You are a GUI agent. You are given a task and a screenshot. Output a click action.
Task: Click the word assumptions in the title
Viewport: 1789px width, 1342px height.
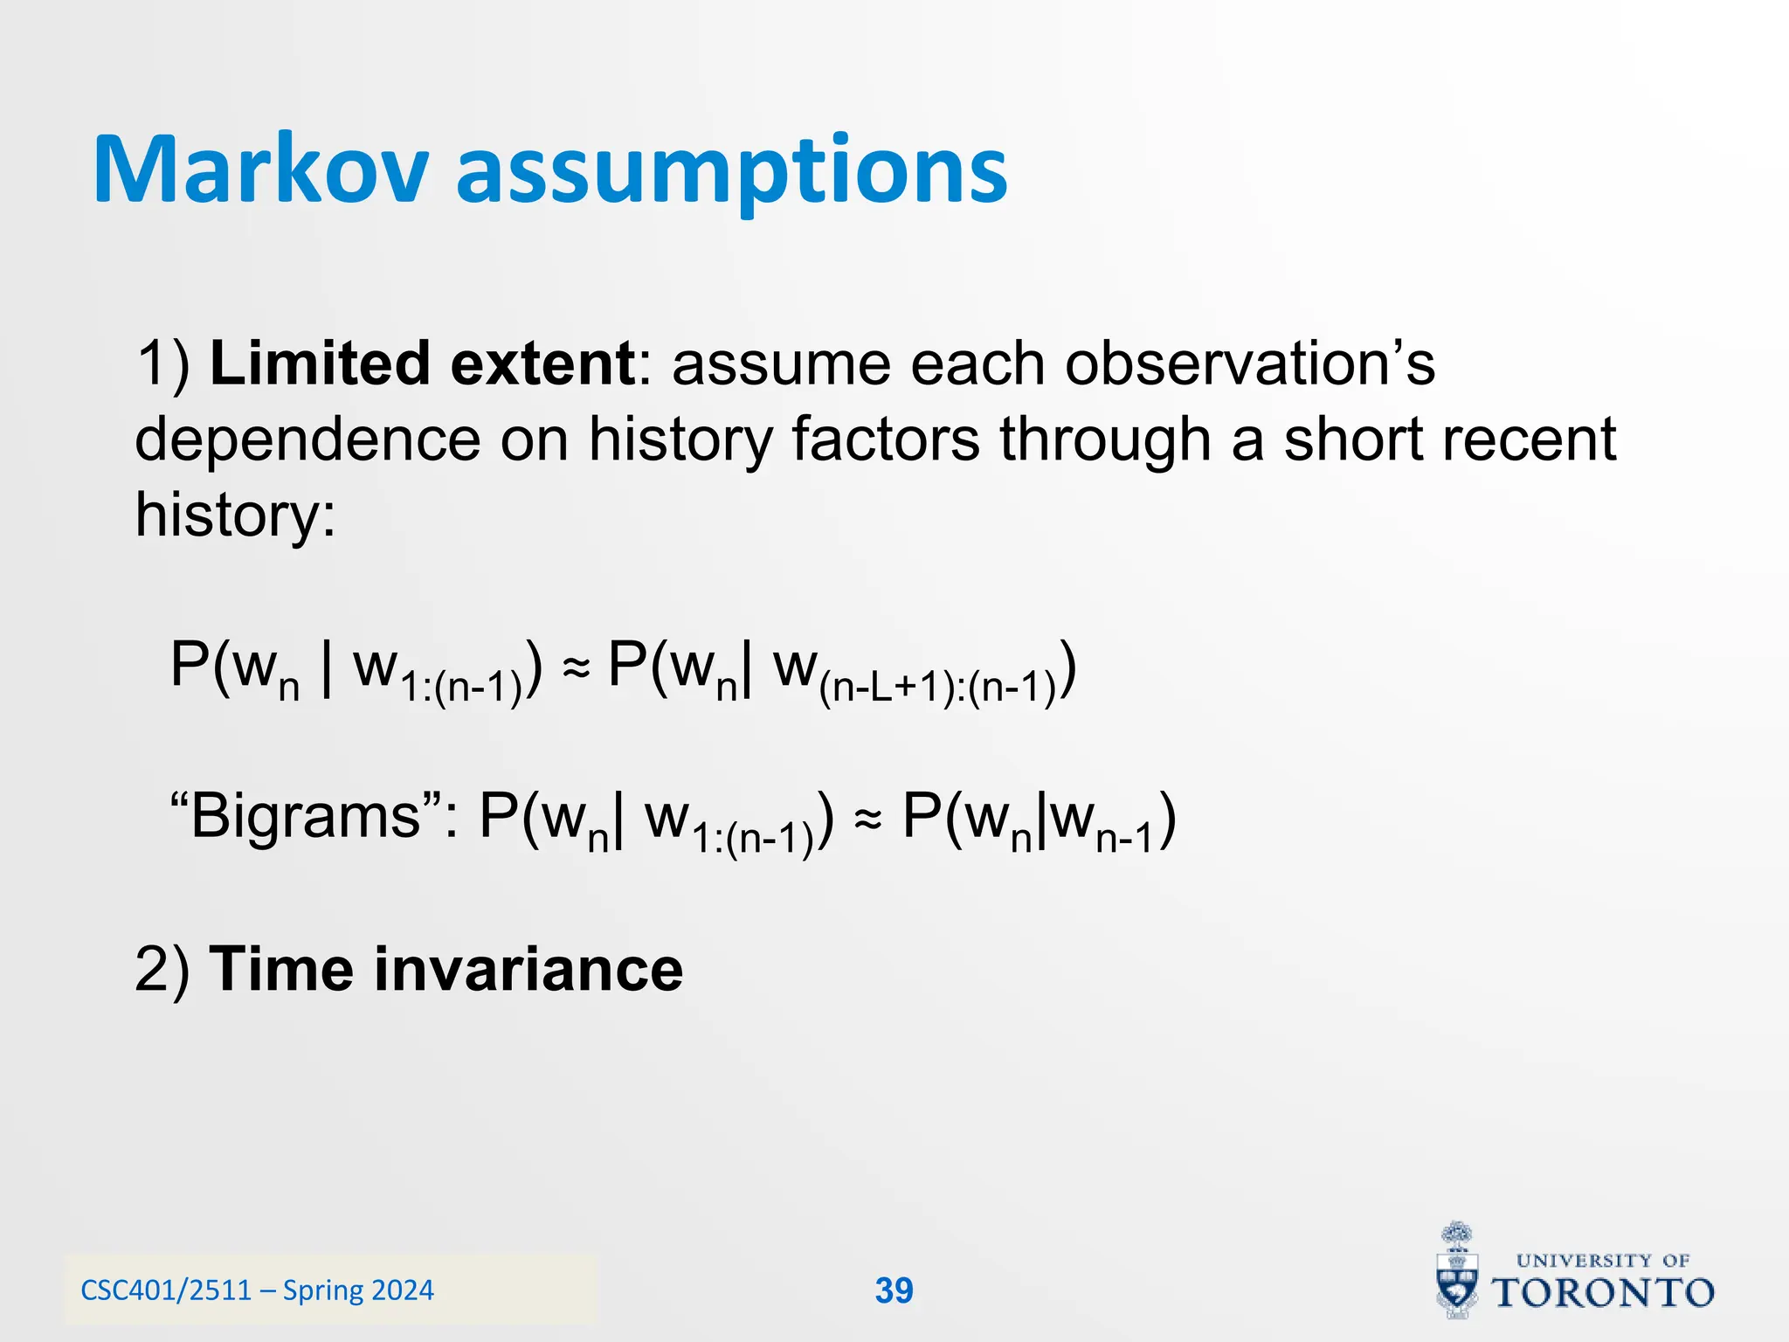click(732, 170)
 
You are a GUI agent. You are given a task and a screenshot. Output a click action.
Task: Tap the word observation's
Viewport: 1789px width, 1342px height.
click(1249, 363)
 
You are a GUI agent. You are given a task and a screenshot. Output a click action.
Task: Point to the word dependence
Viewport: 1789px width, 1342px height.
click(307, 439)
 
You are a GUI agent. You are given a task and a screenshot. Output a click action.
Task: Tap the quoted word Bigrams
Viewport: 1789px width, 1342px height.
click(306, 817)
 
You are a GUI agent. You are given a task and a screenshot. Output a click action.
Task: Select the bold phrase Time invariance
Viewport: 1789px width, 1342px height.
click(446, 970)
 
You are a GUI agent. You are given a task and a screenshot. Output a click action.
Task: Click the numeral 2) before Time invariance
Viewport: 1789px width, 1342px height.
click(162, 970)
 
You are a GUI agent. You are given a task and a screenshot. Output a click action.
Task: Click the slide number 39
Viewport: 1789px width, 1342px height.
click(894, 1290)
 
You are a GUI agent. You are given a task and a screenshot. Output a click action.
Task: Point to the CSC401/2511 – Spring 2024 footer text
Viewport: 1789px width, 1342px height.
click(257, 1290)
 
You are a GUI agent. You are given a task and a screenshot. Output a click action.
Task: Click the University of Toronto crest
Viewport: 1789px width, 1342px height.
click(1457, 1271)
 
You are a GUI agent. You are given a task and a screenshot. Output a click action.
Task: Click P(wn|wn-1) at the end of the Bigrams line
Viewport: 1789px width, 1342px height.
click(1040, 821)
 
